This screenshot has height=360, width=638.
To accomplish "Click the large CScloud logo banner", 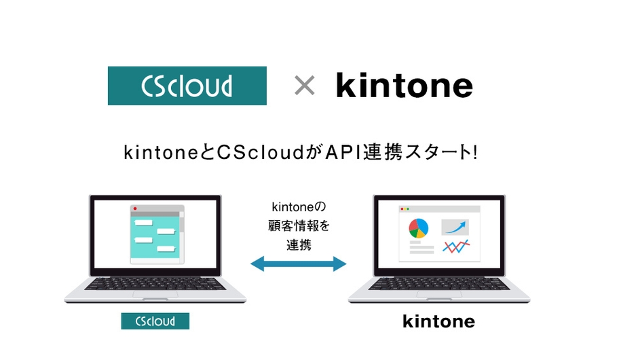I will tap(187, 86).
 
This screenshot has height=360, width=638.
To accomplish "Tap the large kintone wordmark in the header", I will tap(405, 86).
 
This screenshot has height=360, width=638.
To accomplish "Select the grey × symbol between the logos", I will tap(304, 86).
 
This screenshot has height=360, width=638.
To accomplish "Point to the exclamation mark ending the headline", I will tap(474, 152).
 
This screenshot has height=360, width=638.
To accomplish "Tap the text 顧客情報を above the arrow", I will tap(299, 225).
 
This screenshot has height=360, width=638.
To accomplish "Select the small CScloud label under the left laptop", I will tap(155, 321).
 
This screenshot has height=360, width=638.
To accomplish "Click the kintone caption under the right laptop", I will tap(438, 321).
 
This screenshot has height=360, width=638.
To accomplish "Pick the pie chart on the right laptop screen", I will tap(418, 228).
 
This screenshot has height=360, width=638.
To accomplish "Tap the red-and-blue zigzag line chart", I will tap(455, 246).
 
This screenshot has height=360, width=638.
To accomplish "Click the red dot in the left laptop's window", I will tap(135, 208).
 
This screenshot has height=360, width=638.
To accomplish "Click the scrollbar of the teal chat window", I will tap(181, 234).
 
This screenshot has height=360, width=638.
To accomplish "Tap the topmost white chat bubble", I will tap(143, 223).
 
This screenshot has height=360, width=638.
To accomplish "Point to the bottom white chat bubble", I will tap(166, 249).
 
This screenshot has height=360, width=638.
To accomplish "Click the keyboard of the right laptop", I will tap(438, 282).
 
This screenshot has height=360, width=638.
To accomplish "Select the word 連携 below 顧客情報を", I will tap(299, 245).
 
